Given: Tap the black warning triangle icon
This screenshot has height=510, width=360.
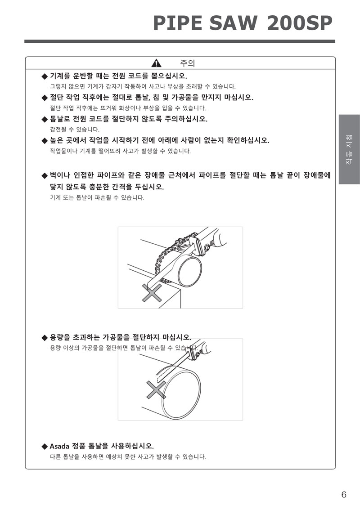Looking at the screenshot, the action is [x=156, y=63].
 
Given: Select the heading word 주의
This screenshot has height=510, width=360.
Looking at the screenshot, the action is [x=188, y=63].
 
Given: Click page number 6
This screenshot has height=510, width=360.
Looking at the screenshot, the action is [x=344, y=495].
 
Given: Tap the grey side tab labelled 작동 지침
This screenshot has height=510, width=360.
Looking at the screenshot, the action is [x=349, y=149].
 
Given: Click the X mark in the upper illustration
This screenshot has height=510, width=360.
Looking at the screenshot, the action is [x=152, y=292].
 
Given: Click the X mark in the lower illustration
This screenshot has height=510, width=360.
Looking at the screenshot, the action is [x=156, y=389].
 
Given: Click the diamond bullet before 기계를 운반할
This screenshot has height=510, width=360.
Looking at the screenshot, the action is [x=45, y=76].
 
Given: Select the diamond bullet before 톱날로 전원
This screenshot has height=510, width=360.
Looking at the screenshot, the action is [x=45, y=119].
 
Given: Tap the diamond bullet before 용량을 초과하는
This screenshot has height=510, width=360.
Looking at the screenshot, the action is [x=45, y=338].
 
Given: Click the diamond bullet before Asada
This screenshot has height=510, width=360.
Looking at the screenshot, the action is [x=45, y=446].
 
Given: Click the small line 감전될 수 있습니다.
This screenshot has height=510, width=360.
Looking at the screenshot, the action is [x=75, y=130].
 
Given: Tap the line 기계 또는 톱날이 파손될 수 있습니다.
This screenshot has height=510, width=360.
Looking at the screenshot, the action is [x=97, y=197].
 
